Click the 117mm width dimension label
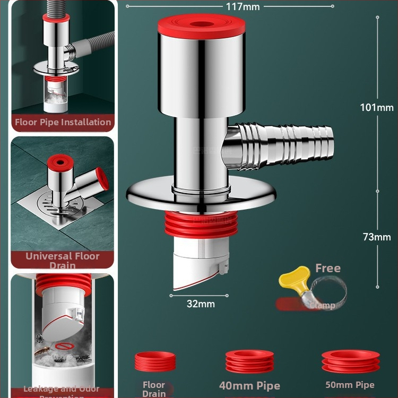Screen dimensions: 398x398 pyautogui.click(x=242, y=6)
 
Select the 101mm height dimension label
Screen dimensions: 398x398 pyautogui.click(x=377, y=107)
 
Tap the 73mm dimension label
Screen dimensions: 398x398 pyautogui.click(x=377, y=237)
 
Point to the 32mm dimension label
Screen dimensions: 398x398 pyautogui.click(x=201, y=304)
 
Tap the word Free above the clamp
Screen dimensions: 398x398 pyautogui.click(x=327, y=269)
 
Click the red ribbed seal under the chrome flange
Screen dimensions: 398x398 pyautogui.click(x=200, y=226)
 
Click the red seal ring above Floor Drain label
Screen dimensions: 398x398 pyautogui.click(x=154, y=362)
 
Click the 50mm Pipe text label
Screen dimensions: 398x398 pyautogui.click(x=350, y=385)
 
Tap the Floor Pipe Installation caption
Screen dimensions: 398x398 pyautogui.click(x=63, y=122)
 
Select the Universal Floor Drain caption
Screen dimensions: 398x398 pyautogui.click(x=63, y=260)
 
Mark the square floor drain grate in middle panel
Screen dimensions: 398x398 pyautogui.click(x=53, y=212)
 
